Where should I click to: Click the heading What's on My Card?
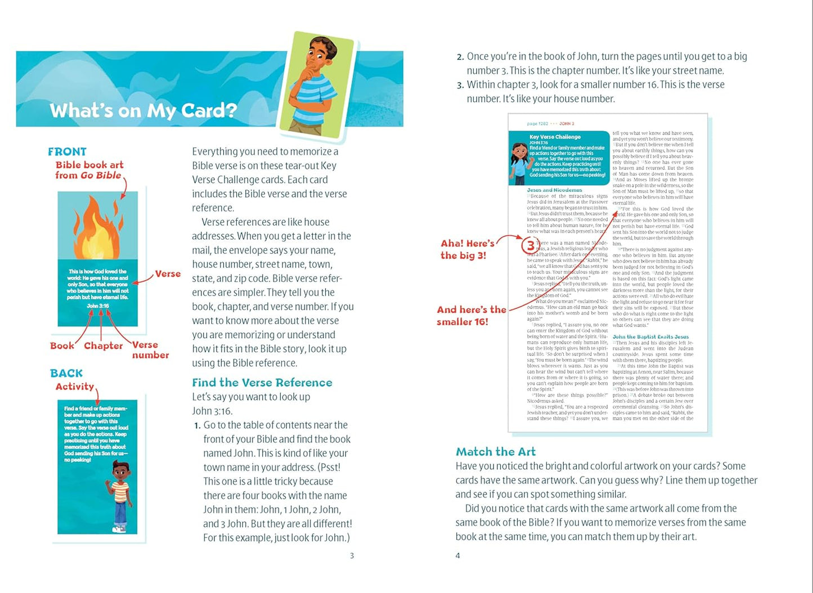tap(143, 110)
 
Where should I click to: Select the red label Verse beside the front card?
tap(168, 274)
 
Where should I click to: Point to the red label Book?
tap(62, 345)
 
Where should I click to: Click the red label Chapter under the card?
tap(103, 345)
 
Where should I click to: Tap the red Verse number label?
tap(150, 350)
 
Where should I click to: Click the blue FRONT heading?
tap(67, 152)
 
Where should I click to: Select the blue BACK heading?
tap(66, 374)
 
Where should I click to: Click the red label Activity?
tap(75, 387)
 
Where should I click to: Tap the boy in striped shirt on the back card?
tap(120, 495)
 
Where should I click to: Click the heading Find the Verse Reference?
tap(262, 383)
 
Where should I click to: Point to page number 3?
tap(352, 556)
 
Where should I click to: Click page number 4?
tap(457, 556)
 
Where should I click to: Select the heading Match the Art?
tap(496, 452)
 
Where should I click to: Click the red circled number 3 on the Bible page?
tap(529, 245)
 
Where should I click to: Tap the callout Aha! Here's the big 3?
tap(467, 249)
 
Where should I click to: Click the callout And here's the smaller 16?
tap(471, 316)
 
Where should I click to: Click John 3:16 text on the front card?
tap(98, 306)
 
